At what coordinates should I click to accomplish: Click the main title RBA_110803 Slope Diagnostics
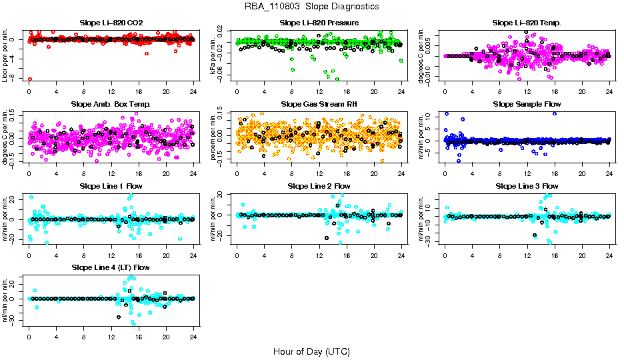[311, 6]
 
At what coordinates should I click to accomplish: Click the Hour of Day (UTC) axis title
[311, 351]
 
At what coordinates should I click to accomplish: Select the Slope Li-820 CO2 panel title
[111, 23]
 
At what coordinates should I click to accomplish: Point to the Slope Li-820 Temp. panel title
[527, 23]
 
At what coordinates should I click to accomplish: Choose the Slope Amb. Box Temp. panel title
[111, 104]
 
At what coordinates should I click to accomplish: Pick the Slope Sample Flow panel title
[527, 104]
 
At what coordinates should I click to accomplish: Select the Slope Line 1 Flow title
[111, 185]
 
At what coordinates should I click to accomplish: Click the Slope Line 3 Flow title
[527, 185]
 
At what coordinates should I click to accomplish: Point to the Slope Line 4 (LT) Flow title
[111, 267]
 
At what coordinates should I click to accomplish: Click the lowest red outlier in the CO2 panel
[30, 79]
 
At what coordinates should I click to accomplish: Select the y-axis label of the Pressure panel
[214, 55]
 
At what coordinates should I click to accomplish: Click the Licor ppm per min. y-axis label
[6, 55]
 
